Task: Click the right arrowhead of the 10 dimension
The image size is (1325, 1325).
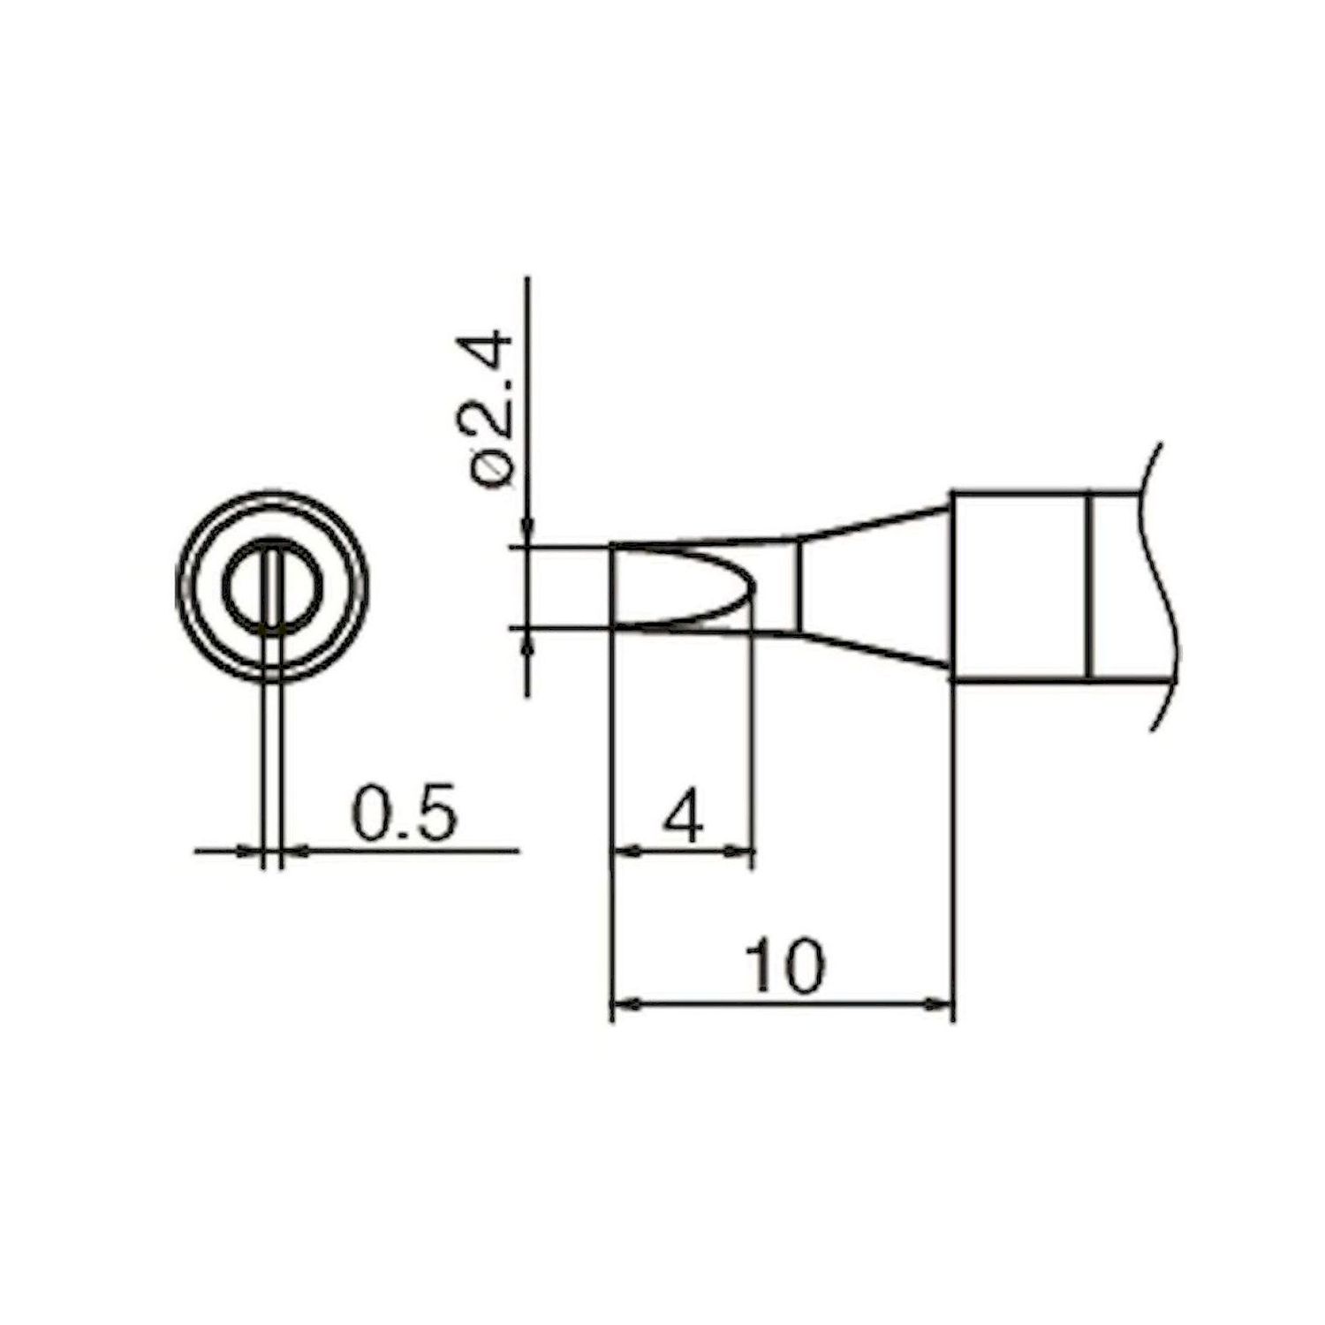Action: tap(942, 1003)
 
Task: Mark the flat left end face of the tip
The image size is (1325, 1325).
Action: tap(611, 587)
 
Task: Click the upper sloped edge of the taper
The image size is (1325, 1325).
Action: tap(874, 521)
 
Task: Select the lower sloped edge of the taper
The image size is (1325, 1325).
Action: tap(874, 652)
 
